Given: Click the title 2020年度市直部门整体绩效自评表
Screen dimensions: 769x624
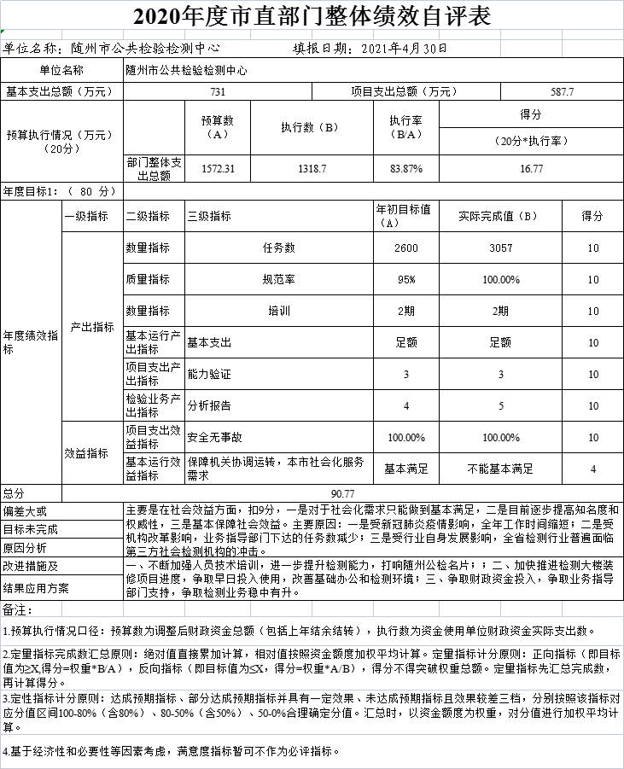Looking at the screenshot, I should click(312, 15).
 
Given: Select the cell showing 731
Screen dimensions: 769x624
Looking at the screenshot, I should click(219, 91).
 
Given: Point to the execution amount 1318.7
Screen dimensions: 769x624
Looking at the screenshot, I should click(312, 169).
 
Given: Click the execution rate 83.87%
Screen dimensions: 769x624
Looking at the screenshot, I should click(406, 169).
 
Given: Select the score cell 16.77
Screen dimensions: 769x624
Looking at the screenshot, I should click(532, 169).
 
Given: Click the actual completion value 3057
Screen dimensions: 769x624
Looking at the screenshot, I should click(500, 248).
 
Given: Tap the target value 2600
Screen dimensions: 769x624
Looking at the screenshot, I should click(406, 248).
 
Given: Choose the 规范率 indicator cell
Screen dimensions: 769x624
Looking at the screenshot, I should click(278, 279).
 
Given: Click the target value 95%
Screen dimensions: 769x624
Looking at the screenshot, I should click(406, 279).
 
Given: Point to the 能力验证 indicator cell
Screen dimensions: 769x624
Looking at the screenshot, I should click(210, 374).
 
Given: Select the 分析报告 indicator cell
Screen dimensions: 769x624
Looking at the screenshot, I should click(210, 405).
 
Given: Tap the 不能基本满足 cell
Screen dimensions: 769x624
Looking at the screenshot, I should click(500, 469).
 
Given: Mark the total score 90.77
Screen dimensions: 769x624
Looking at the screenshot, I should click(342, 493).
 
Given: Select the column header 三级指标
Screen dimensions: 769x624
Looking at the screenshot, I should click(210, 217).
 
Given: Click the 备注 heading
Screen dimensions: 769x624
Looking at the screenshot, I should click(18, 609).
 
